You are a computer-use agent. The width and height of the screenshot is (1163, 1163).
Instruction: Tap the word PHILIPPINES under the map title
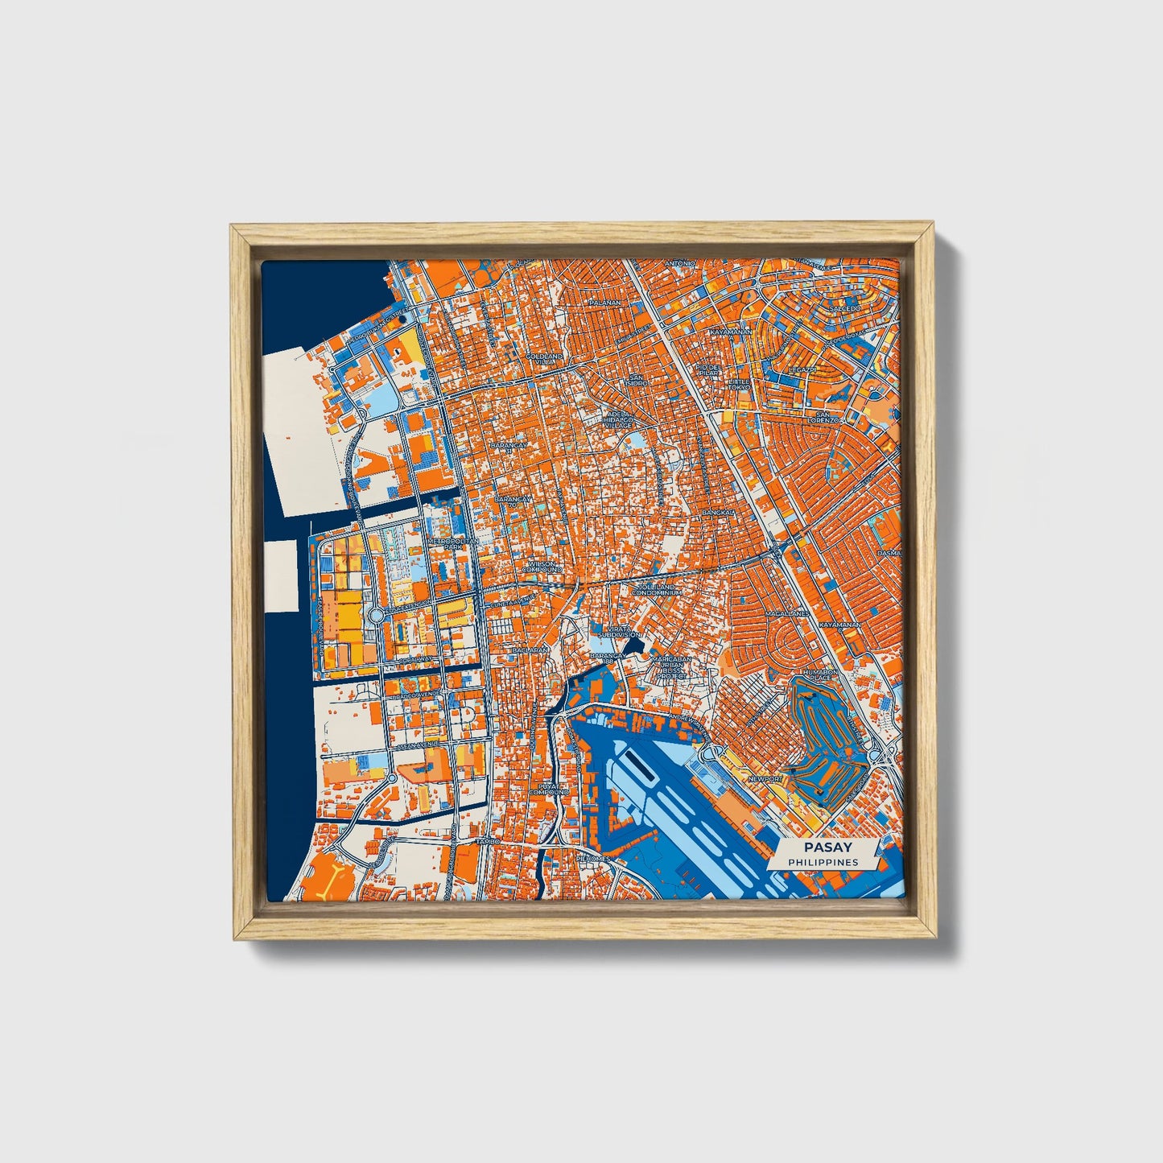[x=823, y=862]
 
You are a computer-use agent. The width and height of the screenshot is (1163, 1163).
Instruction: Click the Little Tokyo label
[x=738, y=384]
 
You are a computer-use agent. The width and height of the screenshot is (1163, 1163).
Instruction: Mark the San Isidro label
[x=637, y=380]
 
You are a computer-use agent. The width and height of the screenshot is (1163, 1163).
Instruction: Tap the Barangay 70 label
[x=513, y=502]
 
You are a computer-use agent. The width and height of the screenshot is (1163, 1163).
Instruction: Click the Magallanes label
[x=786, y=613]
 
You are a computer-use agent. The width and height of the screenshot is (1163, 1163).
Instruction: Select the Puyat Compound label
[x=549, y=789]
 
